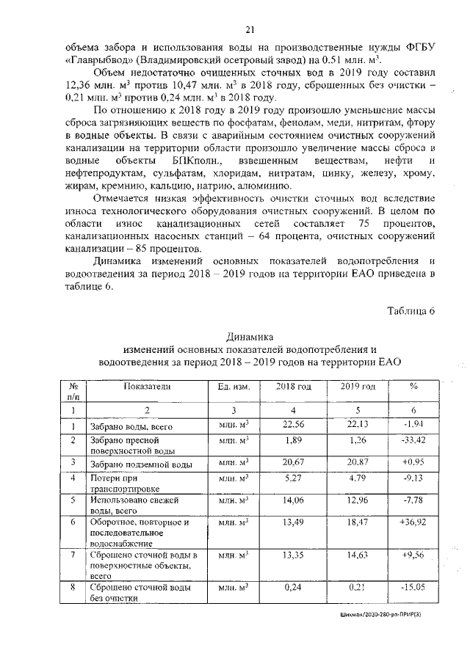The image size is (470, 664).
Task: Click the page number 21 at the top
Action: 250,29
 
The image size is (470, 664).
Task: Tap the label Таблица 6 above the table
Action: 411,310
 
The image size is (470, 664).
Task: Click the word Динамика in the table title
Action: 249,335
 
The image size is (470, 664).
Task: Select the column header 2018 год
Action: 294,386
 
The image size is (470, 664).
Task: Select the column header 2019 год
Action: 358,386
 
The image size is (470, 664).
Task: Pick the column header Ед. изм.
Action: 234,386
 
